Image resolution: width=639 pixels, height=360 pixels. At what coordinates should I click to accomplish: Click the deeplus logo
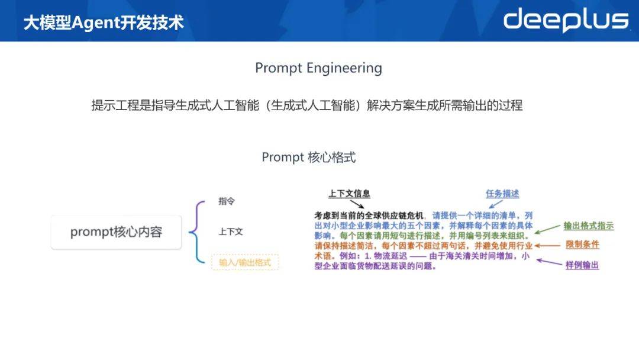(566, 20)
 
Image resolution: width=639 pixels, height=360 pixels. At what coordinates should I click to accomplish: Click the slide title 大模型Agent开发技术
(104, 22)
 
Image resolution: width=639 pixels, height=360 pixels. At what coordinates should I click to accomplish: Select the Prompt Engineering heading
(319, 68)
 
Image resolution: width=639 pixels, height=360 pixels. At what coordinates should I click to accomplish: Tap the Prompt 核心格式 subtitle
(308, 157)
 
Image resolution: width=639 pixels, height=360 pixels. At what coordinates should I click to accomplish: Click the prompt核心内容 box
(116, 232)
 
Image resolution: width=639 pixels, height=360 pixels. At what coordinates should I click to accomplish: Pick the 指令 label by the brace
(227, 201)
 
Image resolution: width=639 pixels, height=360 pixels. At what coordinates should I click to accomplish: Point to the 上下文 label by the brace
(231, 232)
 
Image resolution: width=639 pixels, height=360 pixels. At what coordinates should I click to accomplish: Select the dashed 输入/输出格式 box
(245, 262)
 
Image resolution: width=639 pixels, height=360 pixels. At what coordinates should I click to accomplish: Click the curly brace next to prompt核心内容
(196, 232)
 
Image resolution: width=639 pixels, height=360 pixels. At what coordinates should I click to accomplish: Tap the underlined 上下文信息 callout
(349, 194)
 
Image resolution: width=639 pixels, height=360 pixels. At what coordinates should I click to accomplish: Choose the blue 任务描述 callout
(502, 194)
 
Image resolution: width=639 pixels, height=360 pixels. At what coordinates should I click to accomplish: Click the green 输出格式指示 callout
(589, 226)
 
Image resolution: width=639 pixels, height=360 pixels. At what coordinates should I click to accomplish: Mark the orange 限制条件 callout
(582, 245)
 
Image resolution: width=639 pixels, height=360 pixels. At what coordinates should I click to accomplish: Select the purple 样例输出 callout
(582, 265)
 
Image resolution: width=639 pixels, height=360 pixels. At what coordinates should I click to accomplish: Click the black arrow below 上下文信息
(357, 204)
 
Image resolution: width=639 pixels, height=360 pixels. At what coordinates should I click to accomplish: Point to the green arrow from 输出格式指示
(547, 229)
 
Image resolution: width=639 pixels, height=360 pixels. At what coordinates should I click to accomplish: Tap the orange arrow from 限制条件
(547, 246)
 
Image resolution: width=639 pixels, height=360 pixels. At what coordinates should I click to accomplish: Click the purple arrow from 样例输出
(549, 262)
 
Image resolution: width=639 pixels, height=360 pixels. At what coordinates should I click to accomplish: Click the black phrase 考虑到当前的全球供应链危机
(369, 216)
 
